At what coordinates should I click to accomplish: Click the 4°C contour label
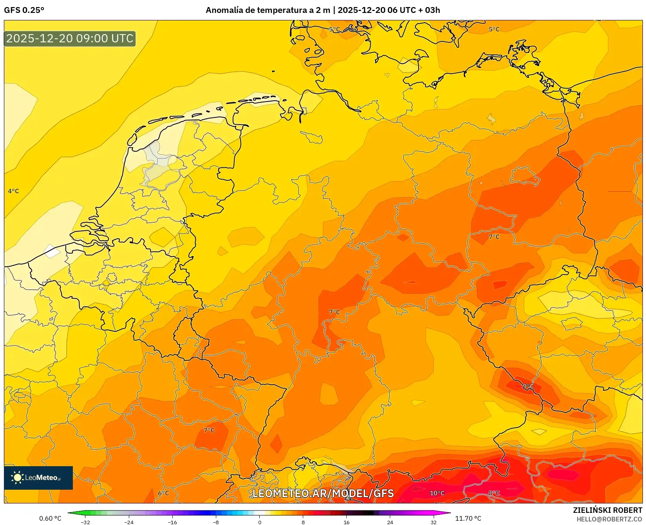coord(13,191)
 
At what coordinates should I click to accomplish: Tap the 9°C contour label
coord(528,386)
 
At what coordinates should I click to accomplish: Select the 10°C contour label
coord(437,493)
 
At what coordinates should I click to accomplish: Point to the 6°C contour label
coord(163,493)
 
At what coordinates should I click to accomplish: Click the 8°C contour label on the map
coord(494,493)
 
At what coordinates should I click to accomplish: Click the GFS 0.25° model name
coord(24,10)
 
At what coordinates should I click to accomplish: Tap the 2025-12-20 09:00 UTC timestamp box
coord(70,38)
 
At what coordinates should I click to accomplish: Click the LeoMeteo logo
coord(38,478)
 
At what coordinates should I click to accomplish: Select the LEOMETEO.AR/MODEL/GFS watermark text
coord(323,493)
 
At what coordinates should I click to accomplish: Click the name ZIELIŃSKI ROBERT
coord(608,510)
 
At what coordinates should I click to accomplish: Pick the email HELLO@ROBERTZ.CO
coord(609,519)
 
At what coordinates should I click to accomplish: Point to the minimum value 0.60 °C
coord(50,518)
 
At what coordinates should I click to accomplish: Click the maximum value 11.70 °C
coord(468,518)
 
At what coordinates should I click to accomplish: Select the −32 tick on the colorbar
coord(85,522)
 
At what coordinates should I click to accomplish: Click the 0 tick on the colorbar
coord(259,522)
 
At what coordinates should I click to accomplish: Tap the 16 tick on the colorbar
coord(346,522)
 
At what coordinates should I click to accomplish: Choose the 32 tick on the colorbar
coord(433,522)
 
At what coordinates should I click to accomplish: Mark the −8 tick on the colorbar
coord(216,522)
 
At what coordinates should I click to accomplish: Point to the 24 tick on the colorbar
coord(390,522)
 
